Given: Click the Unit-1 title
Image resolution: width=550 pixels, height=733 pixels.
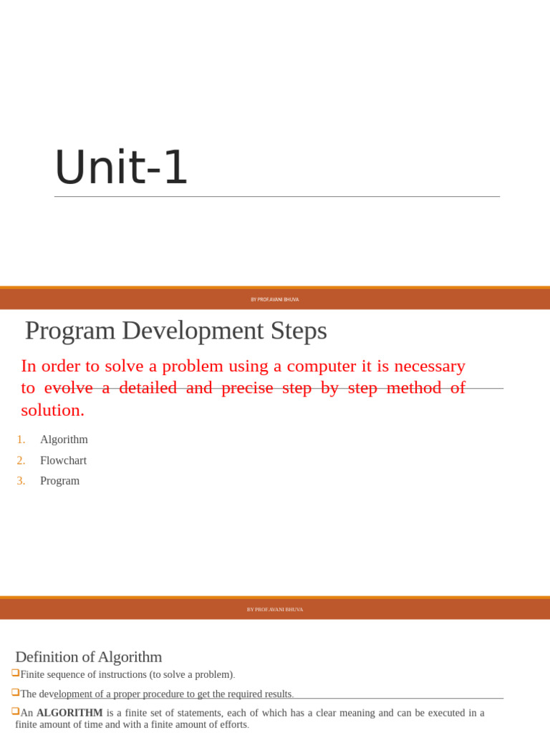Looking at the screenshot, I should tap(120, 168).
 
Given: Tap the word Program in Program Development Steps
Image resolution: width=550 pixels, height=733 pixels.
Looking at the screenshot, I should tap(69, 331).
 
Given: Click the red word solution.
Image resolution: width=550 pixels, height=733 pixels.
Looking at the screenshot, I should tap(52, 410).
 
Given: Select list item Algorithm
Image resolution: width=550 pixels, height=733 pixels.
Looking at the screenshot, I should tap(64, 440).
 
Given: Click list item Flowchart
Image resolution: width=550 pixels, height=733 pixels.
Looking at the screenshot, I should tap(63, 460).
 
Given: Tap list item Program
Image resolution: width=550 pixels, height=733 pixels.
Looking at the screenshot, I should tap(59, 481).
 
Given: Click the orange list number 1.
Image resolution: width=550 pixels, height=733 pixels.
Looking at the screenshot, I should tap(21, 440).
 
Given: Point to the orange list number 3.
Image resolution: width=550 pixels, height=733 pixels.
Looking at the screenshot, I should tap(21, 481).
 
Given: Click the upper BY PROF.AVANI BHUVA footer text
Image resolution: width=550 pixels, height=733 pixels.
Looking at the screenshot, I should tap(275, 299).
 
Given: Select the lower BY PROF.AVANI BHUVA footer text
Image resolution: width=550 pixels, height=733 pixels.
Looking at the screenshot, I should tap(275, 610).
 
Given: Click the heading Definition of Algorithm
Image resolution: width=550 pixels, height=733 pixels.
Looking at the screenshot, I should tap(88, 656).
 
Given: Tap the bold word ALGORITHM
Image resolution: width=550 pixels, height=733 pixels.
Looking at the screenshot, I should tap(69, 713).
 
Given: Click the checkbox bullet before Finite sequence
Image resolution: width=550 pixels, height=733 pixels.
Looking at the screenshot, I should tap(15, 674).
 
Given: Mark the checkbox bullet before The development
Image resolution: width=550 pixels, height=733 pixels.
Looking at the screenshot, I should tap(15, 693).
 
